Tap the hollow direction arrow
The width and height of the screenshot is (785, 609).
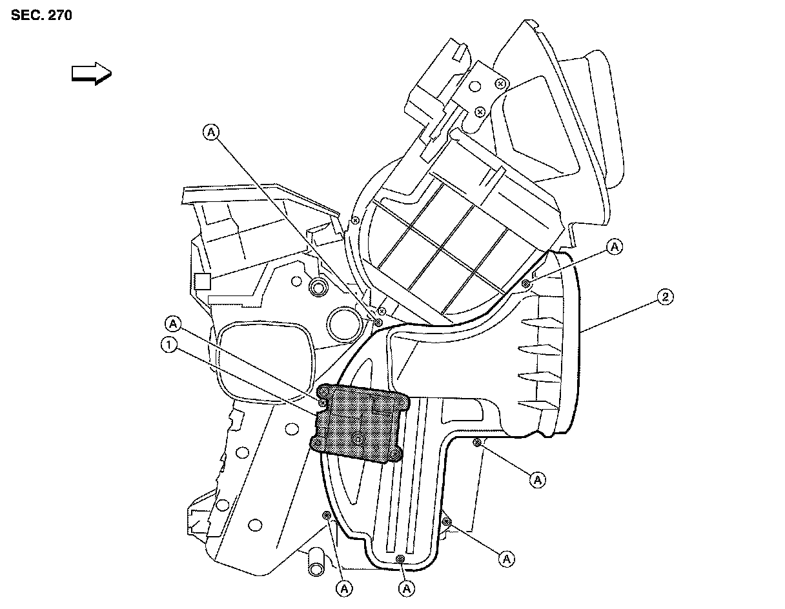pos(91,73)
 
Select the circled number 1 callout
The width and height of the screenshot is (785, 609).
pos(168,345)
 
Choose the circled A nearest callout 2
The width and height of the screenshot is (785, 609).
pos(615,246)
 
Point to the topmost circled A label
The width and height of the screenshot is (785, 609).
pos(211,132)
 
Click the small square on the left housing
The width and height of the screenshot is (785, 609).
pos(202,281)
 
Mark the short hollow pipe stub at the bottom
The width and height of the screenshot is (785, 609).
pos(316,562)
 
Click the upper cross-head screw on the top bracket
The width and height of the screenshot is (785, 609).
pos(499,84)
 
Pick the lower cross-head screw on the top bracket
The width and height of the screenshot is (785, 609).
pos(480,112)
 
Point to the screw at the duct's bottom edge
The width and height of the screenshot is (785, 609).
pos(400,559)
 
